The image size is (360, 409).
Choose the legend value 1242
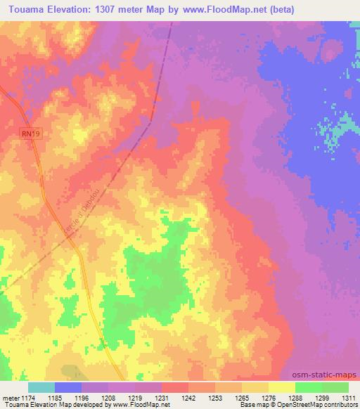point(188,397)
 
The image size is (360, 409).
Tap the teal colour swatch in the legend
point(41,387)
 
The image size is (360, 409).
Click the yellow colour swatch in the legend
point(281,387)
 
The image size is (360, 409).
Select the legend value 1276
point(269,397)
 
